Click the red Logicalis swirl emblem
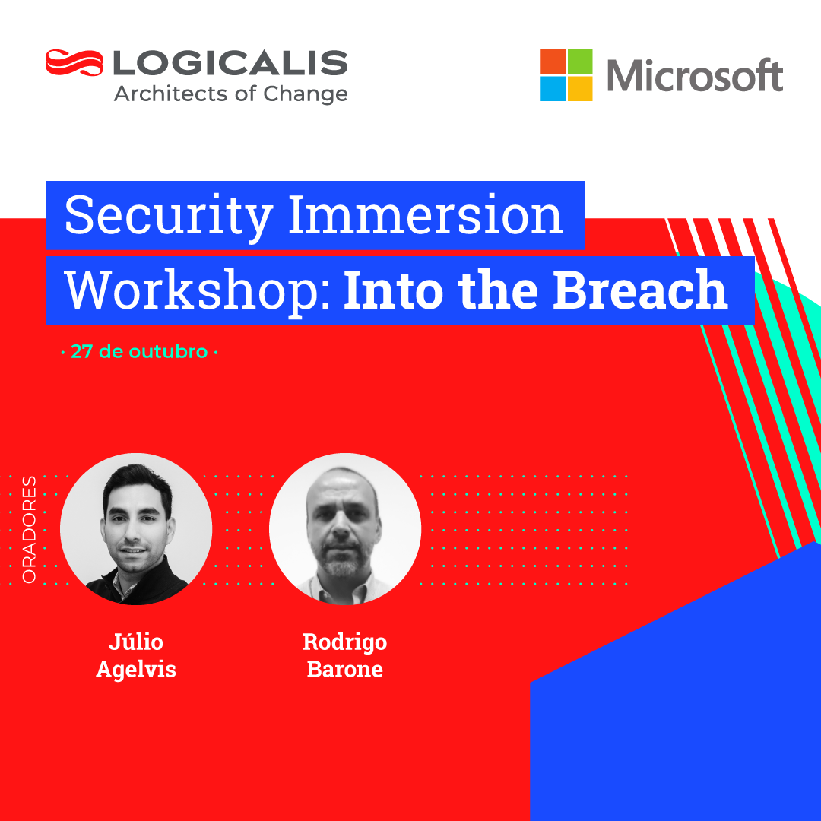tap(74, 63)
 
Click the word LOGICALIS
tap(230, 63)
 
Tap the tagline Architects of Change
tap(231, 94)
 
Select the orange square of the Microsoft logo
tap(553, 62)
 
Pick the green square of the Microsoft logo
tap(580, 62)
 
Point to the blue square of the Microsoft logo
tap(553, 88)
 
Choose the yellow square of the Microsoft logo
tap(580, 88)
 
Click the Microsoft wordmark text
tap(695, 75)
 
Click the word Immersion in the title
tap(426, 214)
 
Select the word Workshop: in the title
tap(198, 291)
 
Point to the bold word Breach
tap(640, 289)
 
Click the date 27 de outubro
tap(139, 352)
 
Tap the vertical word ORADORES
tap(29, 529)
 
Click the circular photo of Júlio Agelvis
tap(136, 529)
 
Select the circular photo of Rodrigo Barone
tap(345, 529)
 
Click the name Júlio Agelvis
tap(136, 656)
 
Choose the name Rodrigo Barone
tap(345, 655)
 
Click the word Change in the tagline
tap(306, 95)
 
